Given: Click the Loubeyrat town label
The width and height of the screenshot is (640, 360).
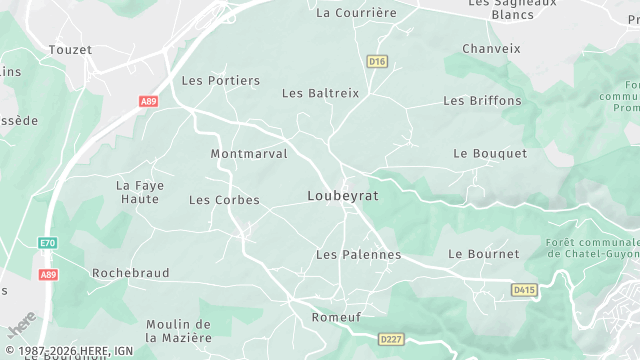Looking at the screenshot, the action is [x=342, y=196].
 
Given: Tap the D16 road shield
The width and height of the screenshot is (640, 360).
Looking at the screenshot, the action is [x=377, y=61].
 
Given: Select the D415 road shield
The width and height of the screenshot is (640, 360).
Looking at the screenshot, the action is [x=523, y=290].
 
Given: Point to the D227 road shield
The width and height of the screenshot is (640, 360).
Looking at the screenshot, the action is [x=391, y=340].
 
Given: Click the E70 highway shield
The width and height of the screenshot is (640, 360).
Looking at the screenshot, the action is [x=48, y=243].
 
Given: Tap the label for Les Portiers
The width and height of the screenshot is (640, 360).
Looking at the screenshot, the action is [x=220, y=80].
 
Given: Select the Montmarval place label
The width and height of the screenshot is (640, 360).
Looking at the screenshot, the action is [x=249, y=154].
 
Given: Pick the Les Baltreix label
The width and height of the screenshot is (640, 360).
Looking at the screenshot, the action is [x=320, y=93].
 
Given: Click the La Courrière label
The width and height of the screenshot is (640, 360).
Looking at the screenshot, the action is [x=356, y=13].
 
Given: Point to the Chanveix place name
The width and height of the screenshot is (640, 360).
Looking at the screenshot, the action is [x=492, y=48].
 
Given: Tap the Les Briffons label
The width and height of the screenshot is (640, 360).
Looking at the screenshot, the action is [x=482, y=100].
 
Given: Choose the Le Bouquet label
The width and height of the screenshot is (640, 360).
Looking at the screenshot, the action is [x=490, y=153].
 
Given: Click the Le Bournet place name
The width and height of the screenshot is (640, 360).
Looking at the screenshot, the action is [x=484, y=254].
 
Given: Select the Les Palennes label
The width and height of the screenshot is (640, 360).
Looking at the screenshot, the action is [x=358, y=255].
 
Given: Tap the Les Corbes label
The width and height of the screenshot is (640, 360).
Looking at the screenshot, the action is [x=224, y=200].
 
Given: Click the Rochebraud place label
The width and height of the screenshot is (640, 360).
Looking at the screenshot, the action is [x=130, y=272].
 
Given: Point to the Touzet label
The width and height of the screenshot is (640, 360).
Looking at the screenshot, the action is [x=70, y=49].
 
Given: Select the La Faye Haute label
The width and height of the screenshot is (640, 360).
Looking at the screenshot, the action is [x=138, y=192].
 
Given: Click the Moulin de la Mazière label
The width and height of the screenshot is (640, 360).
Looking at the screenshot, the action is [x=178, y=331].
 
